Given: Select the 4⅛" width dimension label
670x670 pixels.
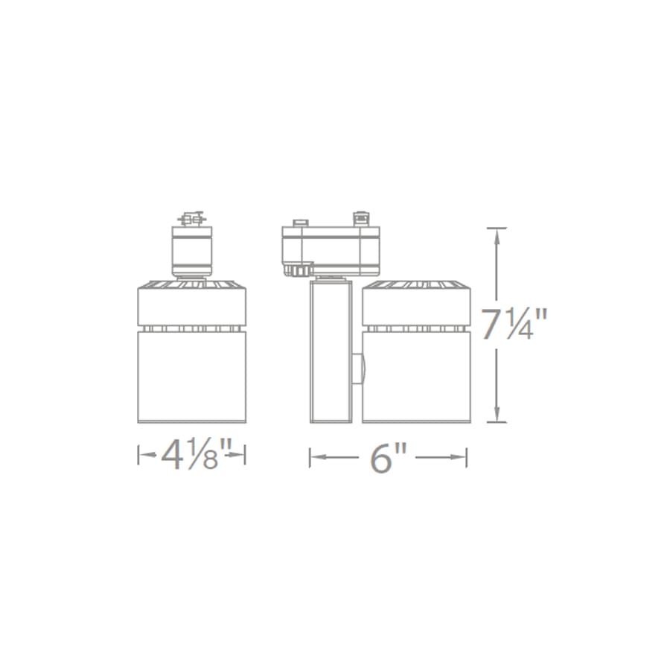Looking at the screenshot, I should (x=192, y=455).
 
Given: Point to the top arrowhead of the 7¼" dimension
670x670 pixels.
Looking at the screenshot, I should (x=497, y=232).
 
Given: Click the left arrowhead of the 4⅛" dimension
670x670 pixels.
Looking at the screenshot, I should (x=142, y=455).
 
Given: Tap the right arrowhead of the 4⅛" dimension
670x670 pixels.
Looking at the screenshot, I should (x=241, y=455).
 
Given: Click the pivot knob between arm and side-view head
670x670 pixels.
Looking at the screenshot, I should (x=360, y=369).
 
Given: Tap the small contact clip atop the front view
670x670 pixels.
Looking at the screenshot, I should (x=191, y=220).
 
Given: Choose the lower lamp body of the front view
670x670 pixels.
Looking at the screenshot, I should (x=191, y=376).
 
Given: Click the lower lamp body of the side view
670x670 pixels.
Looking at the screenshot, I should (x=416, y=376).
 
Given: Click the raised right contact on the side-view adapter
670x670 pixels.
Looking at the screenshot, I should (x=362, y=218).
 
